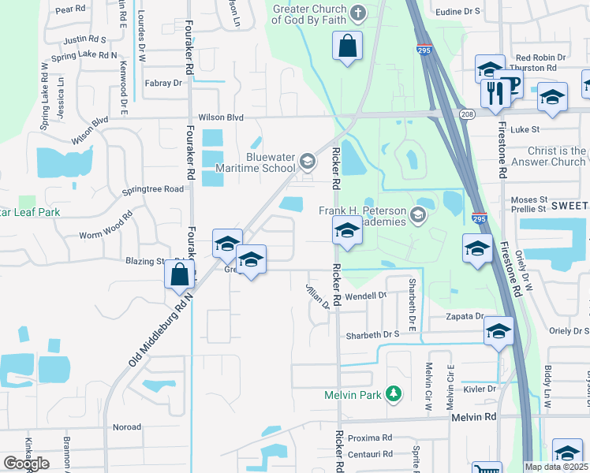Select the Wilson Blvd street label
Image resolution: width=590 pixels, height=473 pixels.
pos(221,117)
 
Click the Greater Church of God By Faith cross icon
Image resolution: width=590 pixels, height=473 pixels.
pos(358,13)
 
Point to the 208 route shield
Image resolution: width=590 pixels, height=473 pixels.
pos(466,115)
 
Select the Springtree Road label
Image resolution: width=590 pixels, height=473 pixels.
pos(153,189)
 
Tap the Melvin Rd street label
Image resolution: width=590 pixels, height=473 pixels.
pos(474,417)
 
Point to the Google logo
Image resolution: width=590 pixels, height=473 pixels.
pos(26,464)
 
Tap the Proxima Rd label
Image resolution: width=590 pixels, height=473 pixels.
pos(370,438)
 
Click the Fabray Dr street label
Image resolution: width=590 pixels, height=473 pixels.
pos(163,83)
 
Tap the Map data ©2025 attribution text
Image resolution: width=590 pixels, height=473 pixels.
pos(557,467)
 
